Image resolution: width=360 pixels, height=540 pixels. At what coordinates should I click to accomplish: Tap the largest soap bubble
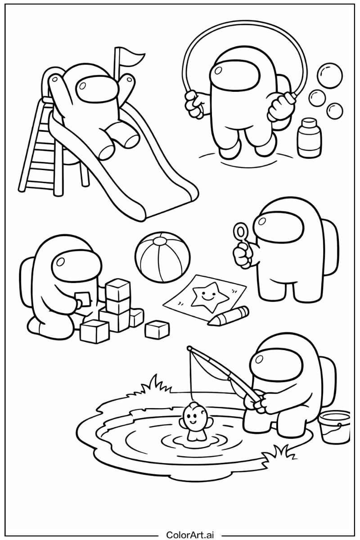point(329,75)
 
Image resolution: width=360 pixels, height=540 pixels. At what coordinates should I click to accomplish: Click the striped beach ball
point(162,257)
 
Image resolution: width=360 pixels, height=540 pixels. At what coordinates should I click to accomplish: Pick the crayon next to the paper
point(228,316)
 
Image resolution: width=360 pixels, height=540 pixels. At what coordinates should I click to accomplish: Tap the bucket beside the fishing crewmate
point(334,426)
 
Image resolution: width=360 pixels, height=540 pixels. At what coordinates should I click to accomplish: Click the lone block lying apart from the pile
point(157,329)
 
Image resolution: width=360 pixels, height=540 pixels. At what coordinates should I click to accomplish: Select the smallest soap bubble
point(335,110)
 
